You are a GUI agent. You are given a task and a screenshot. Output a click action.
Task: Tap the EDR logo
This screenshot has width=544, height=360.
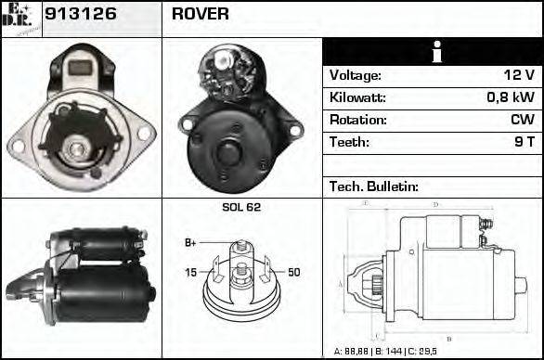(x=19, y=17)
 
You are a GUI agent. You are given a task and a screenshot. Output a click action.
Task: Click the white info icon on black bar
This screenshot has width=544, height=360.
(x=434, y=52)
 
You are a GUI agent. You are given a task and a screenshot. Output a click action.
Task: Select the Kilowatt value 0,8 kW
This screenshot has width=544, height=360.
(x=512, y=97)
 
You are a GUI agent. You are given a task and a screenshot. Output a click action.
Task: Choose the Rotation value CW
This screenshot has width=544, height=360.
(x=522, y=120)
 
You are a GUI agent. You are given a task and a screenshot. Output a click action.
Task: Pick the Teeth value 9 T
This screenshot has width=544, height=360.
(x=525, y=142)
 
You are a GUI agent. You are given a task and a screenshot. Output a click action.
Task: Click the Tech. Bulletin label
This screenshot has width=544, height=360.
(x=374, y=186)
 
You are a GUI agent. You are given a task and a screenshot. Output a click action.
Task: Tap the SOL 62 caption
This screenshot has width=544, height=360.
(x=241, y=207)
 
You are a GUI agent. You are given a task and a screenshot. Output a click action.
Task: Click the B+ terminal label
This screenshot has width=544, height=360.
(x=190, y=243)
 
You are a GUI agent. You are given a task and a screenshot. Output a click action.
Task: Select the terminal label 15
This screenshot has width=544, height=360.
(x=190, y=272)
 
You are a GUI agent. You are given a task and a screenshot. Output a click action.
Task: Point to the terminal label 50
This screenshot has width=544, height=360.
(x=293, y=272)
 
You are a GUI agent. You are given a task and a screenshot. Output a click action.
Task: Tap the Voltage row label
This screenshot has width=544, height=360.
(x=356, y=75)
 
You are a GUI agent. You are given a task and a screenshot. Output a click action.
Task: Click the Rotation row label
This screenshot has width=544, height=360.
(x=358, y=120)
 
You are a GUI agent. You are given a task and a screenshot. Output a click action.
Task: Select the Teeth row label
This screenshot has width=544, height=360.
(x=349, y=142)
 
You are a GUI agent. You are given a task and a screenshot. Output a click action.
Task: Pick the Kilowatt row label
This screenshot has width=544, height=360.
(x=358, y=97)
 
